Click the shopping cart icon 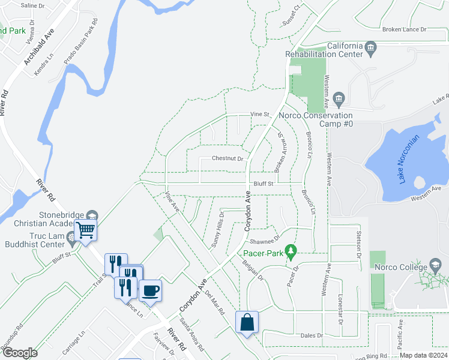(86, 229)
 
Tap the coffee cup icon (150, 290)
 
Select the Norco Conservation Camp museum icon (339, 97)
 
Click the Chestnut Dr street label (227, 159)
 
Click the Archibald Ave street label (40, 46)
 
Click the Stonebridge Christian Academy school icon (92, 215)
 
